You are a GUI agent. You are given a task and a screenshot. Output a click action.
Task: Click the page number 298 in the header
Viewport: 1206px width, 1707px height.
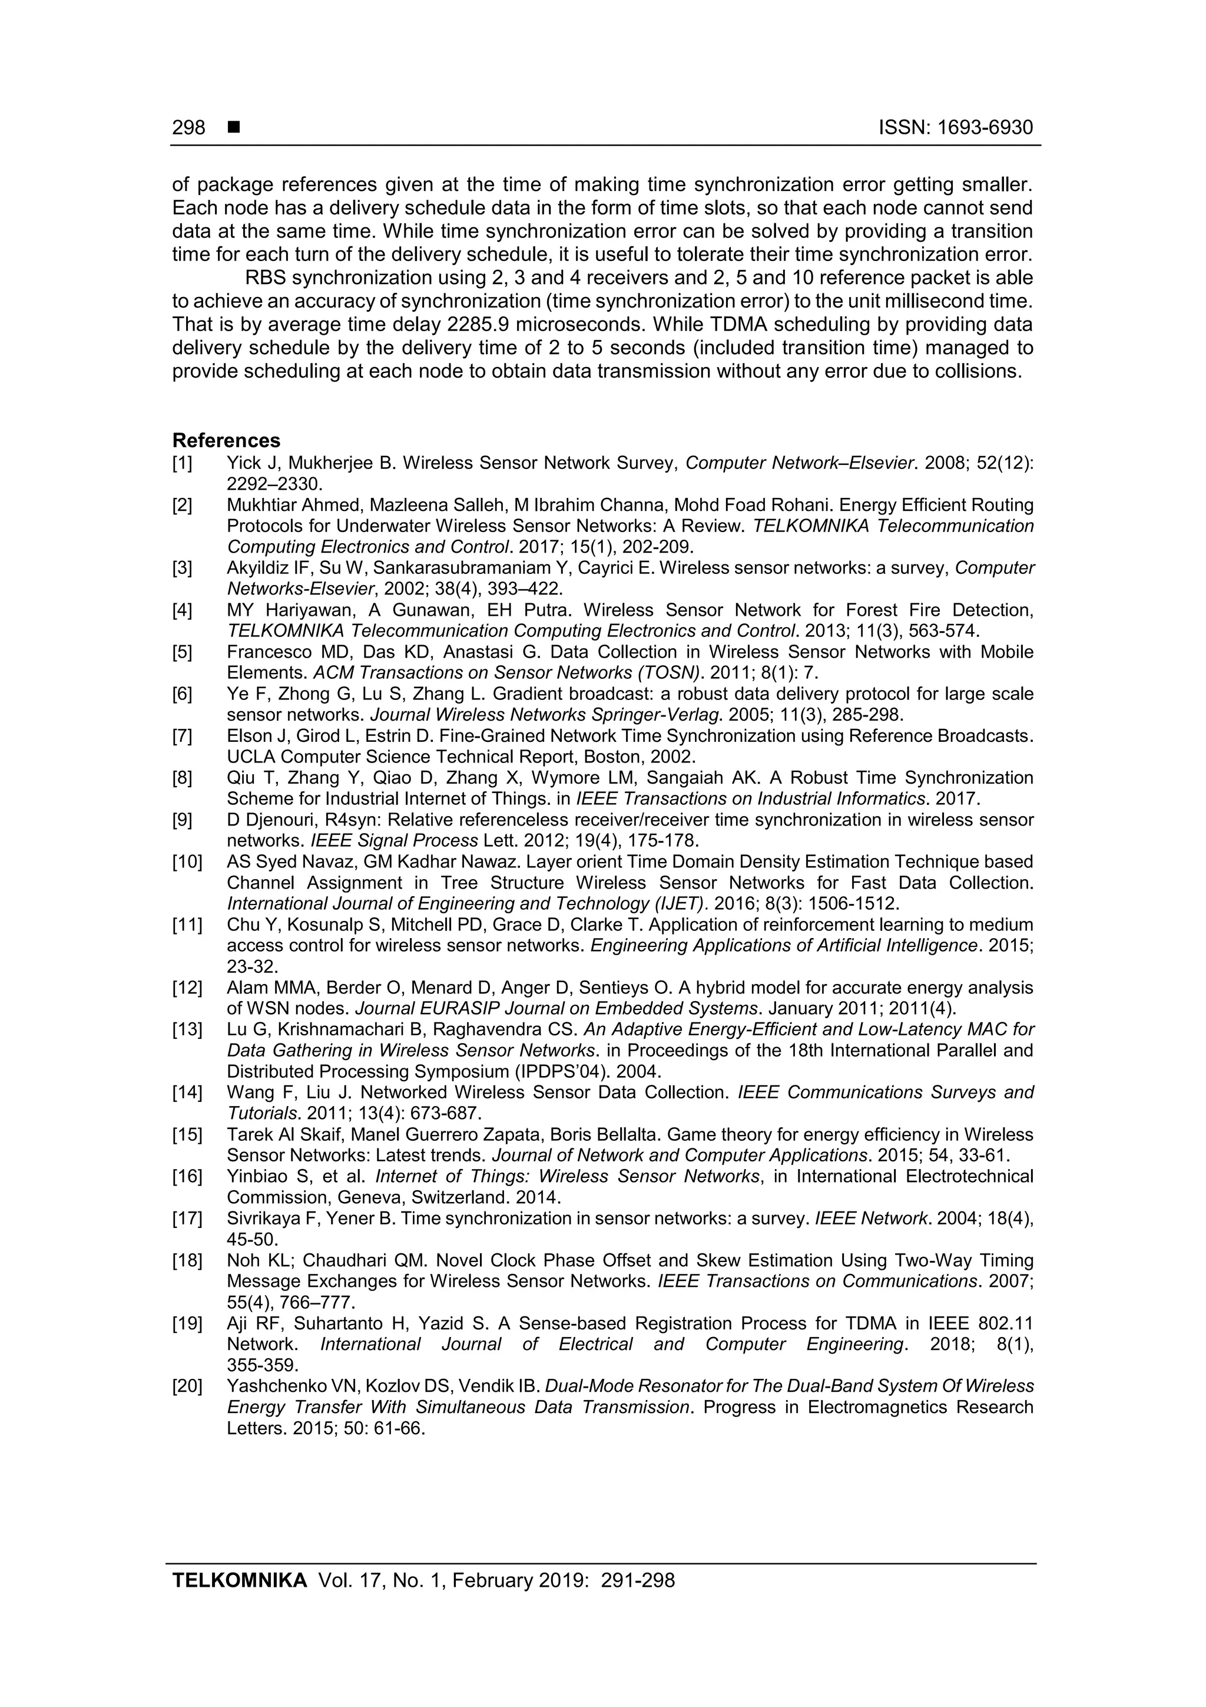(189, 128)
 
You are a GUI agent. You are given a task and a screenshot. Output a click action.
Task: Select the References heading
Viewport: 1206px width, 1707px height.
(226, 440)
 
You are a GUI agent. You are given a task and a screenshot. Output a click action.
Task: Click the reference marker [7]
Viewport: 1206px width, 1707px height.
(182, 736)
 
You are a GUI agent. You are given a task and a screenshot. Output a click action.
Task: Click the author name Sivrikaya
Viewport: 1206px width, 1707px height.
(260, 1219)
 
